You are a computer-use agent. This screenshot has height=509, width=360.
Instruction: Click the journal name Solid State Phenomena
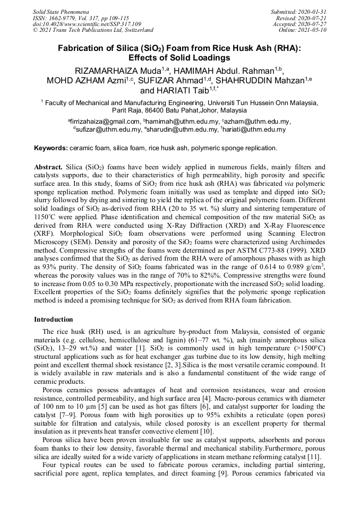click(x=61, y=11)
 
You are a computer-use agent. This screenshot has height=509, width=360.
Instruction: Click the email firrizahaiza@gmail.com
click(x=102, y=122)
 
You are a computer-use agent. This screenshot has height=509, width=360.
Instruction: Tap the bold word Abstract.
click(x=49, y=167)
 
